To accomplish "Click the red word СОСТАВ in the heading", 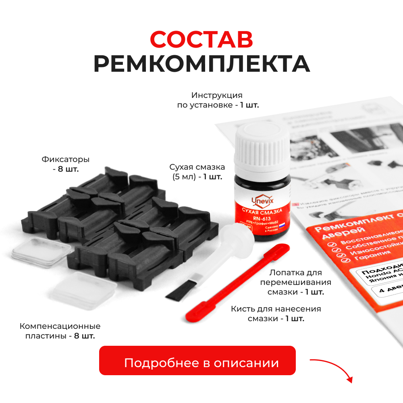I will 201,39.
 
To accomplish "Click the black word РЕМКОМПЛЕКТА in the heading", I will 201,64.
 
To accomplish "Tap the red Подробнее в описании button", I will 197,363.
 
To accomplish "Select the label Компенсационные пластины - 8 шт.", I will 60,330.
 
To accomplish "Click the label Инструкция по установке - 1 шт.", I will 218,100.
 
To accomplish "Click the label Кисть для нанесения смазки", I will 276,314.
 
